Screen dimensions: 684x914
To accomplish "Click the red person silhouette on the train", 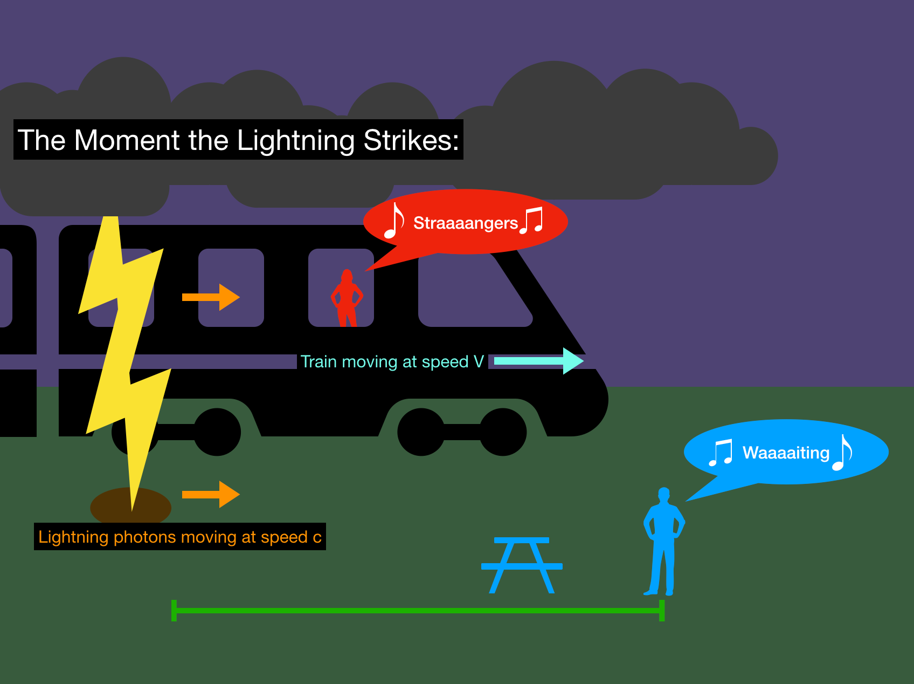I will coord(347,299).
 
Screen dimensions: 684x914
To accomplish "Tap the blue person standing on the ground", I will coord(663,539).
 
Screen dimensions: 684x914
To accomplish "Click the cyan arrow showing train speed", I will coord(539,361).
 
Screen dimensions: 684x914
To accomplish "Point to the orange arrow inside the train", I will coord(211,297).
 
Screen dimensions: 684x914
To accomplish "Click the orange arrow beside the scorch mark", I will coord(211,495).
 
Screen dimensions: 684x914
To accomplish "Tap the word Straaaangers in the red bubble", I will coord(465,223).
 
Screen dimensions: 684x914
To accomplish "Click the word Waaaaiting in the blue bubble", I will coord(786,453).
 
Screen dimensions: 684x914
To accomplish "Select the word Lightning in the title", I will coord(296,141).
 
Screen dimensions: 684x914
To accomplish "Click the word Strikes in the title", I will coord(411,140).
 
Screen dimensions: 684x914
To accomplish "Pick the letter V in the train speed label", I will coord(479,361).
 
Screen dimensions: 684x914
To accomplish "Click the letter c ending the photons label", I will coord(317,537).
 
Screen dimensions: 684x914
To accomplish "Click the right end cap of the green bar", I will coord(662,611).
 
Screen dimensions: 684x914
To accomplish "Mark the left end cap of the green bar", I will coord(174,611).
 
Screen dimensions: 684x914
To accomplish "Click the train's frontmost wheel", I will coord(503,432).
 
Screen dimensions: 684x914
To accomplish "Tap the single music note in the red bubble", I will coord(394,221).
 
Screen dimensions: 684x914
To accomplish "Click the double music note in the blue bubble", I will coord(721,453).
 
